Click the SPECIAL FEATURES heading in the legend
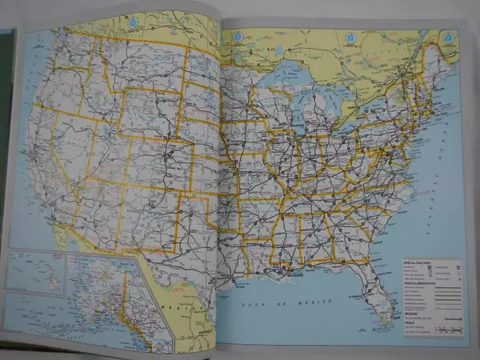click(417, 262)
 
